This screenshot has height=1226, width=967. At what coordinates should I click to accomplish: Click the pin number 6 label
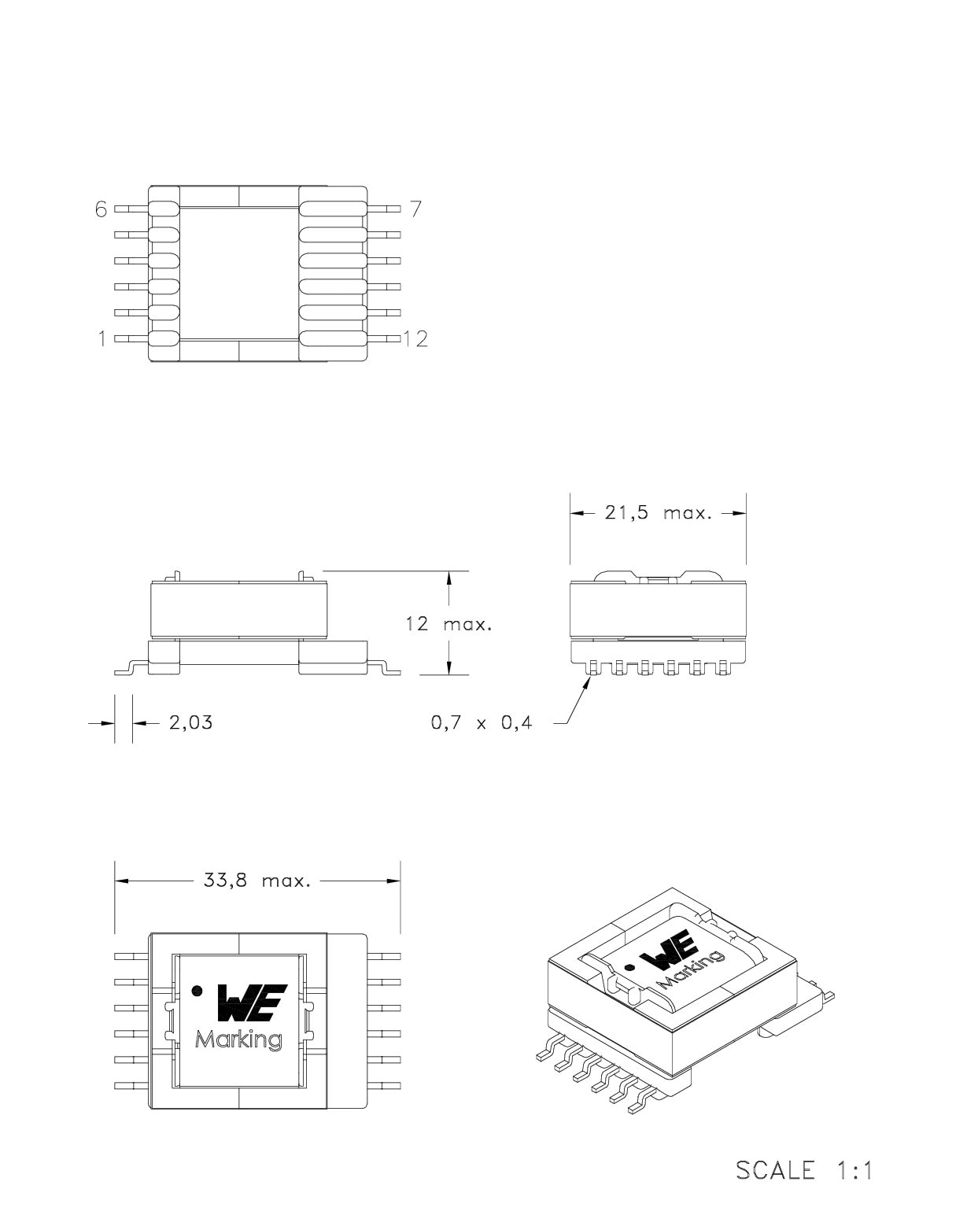[x=101, y=209]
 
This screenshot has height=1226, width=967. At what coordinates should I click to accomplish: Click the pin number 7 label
[x=416, y=209]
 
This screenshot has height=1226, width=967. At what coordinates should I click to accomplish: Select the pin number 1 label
[x=102, y=339]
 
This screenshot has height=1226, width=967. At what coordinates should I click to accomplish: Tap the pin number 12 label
[x=415, y=339]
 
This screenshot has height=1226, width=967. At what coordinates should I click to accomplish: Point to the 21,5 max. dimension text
[x=658, y=513]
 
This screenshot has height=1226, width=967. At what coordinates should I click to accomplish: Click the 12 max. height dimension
[x=448, y=624]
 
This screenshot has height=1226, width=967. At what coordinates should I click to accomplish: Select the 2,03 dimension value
[x=191, y=722]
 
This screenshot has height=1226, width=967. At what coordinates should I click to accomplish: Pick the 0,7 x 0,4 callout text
[x=482, y=723]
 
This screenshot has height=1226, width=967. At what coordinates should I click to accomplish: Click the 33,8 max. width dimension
[x=257, y=881]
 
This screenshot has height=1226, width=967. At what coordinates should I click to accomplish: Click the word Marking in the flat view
[x=238, y=1040]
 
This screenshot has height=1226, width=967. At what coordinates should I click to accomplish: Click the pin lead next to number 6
[x=131, y=209]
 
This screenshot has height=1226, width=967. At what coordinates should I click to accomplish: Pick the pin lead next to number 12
[x=384, y=339]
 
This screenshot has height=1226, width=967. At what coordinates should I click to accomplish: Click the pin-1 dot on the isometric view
[x=629, y=967]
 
